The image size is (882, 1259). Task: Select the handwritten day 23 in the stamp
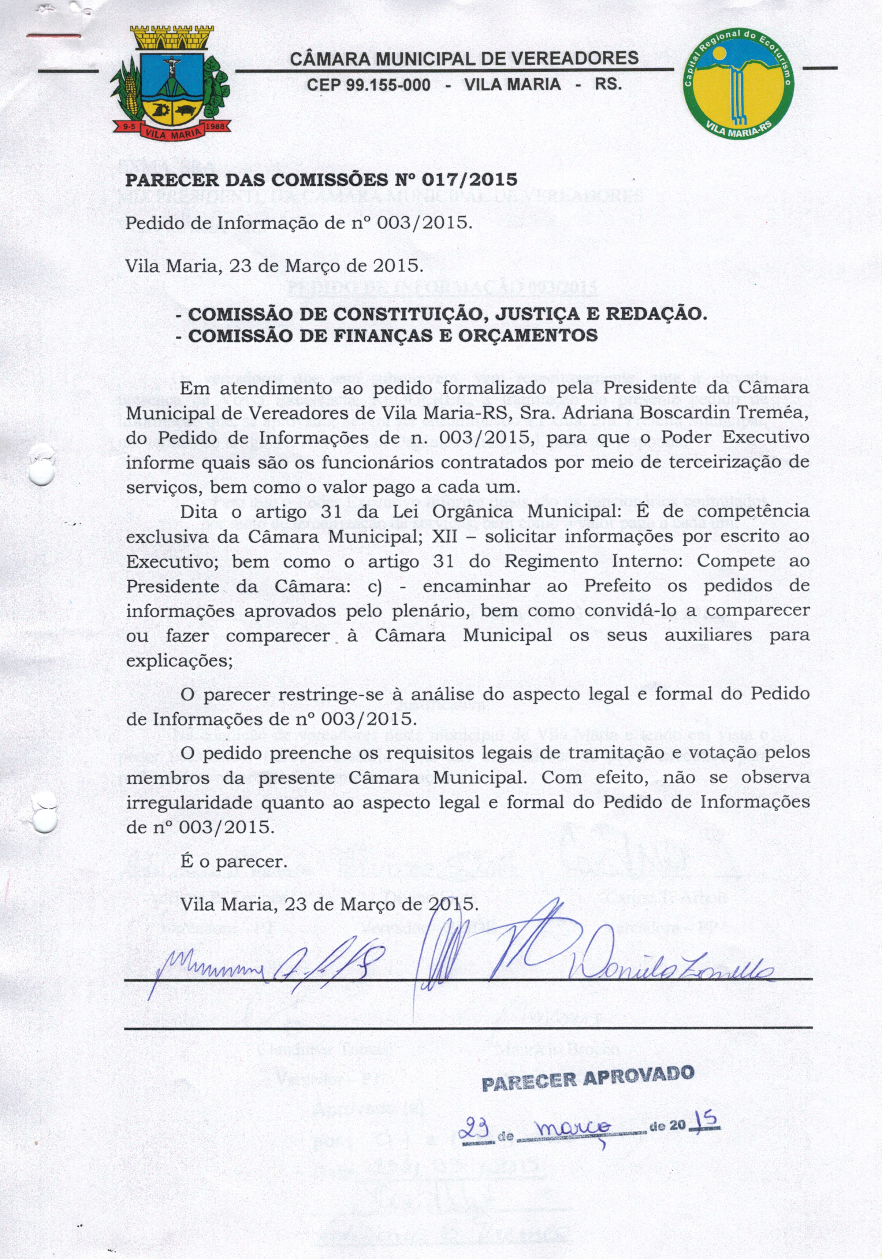(x=475, y=1129)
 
